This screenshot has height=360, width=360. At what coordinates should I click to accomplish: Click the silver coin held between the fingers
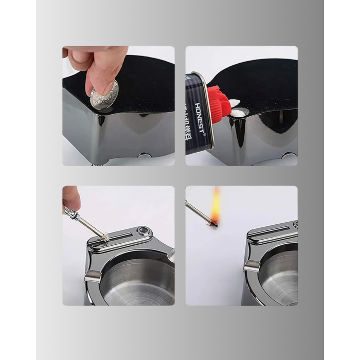tap(104, 96)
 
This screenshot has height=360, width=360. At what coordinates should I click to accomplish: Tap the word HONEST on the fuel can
tap(199, 119)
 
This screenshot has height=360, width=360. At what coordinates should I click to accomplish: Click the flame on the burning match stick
tap(215, 203)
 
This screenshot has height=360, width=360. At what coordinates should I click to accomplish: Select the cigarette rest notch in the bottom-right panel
tap(251, 266)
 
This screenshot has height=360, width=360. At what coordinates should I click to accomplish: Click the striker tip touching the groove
tap(104, 237)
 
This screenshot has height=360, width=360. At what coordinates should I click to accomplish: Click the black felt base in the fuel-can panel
tap(257, 82)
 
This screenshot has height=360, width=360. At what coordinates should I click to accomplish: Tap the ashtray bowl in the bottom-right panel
tap(280, 278)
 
